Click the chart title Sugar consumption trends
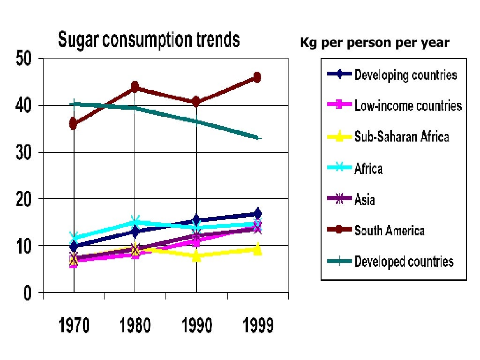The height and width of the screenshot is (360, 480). pyautogui.click(x=149, y=40)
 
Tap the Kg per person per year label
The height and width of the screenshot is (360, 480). pyautogui.click(x=375, y=43)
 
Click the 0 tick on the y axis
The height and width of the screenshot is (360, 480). pyautogui.click(x=27, y=293)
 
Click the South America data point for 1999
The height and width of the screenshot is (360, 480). pyautogui.click(x=257, y=77)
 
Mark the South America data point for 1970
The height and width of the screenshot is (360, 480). pyautogui.click(x=74, y=124)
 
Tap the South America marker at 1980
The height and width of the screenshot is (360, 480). pyautogui.click(x=135, y=87)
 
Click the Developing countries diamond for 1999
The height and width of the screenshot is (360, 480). pyautogui.click(x=257, y=214)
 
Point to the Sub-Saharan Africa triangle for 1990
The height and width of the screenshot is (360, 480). pyautogui.click(x=196, y=256)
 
